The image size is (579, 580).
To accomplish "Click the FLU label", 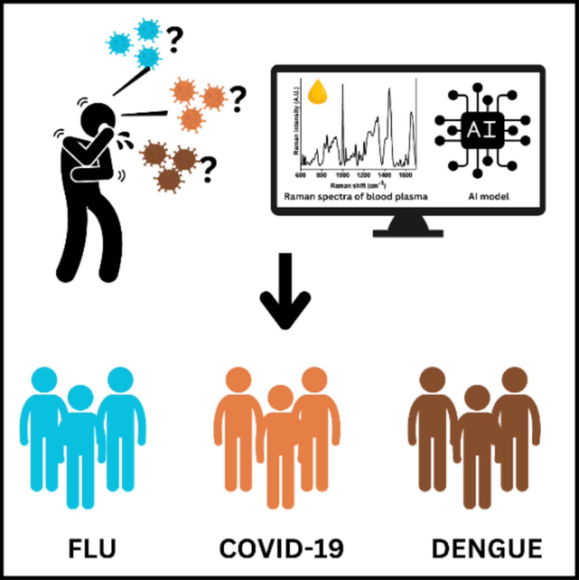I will (92, 549).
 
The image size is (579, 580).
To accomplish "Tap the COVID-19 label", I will (281, 549).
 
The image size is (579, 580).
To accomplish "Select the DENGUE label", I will (486, 549).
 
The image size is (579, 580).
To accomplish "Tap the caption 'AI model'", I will (489, 197).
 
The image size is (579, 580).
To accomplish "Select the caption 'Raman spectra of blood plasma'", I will (356, 197).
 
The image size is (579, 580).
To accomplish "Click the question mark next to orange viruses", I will (238, 99).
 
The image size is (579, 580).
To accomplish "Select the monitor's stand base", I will (408, 233).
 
